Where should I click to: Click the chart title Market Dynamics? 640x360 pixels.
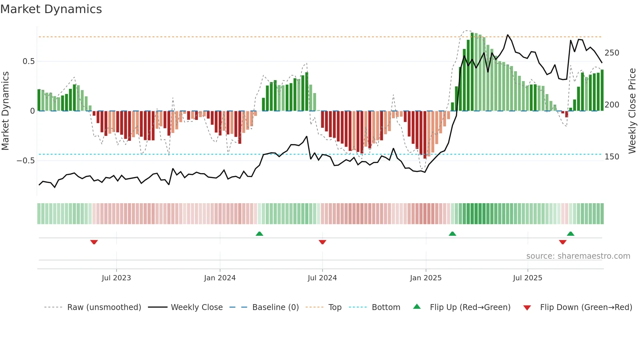51,9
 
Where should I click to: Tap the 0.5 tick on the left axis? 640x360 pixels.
28,61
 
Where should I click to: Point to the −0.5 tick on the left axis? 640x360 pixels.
25,161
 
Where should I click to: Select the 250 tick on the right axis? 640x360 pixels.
612,53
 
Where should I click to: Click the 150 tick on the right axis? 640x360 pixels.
612,157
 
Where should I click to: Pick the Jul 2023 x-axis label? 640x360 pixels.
116,278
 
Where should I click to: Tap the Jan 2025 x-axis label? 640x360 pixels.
425,278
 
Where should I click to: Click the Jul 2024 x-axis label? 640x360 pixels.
322,278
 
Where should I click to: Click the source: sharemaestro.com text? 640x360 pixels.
578,256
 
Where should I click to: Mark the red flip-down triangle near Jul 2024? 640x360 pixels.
322,242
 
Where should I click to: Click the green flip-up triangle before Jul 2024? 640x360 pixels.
259,234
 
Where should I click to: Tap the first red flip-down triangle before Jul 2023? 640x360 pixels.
94,242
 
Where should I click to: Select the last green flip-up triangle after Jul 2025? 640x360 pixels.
570,234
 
